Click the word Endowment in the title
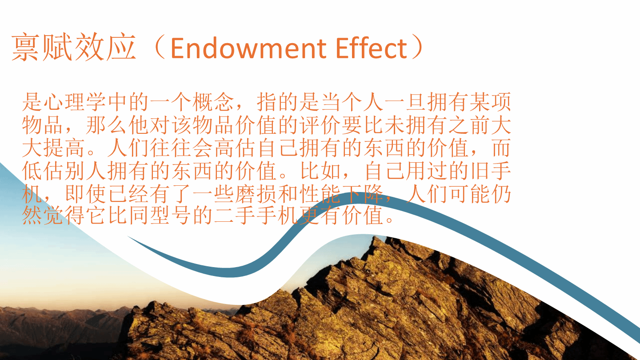tap(248, 48)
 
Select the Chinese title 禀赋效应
tap(74, 47)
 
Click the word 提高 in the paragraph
tap(64, 148)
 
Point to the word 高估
tap(235, 148)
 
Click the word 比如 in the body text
tap(320, 171)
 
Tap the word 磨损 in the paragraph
tap(256, 193)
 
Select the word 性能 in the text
tap(320, 193)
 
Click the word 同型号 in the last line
tap(160, 215)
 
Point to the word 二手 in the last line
tap(235, 215)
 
